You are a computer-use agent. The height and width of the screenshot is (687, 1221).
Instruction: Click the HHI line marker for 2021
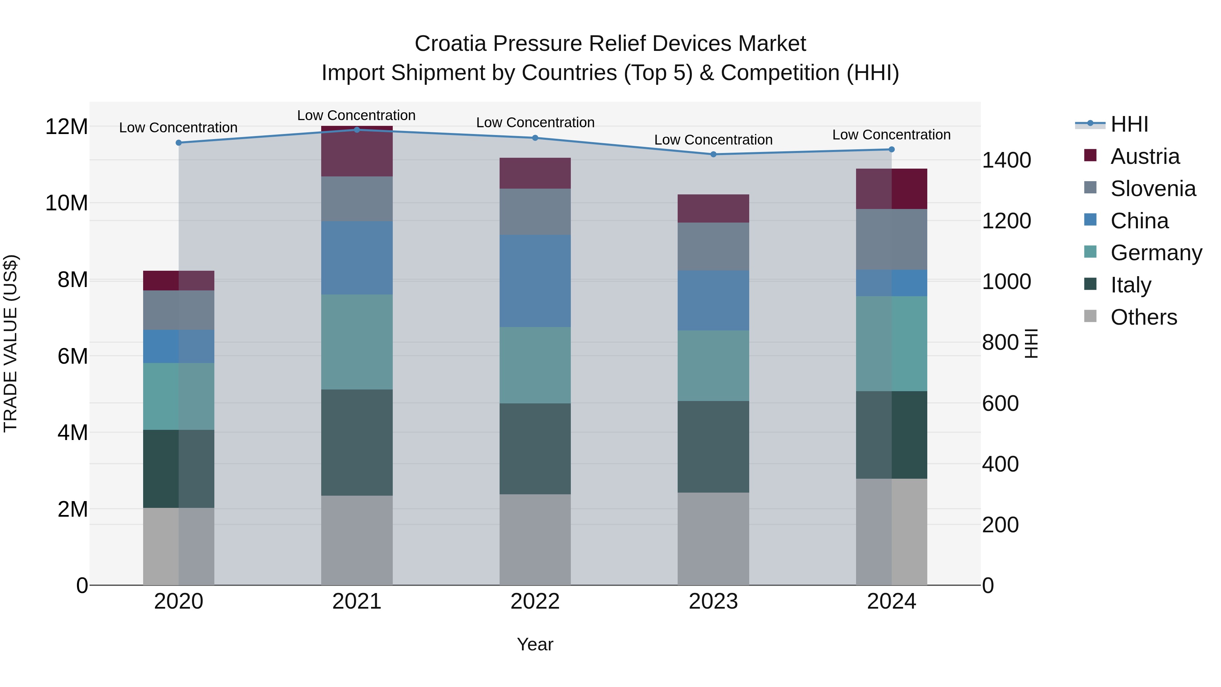(357, 130)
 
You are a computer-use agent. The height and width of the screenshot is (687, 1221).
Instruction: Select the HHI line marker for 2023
(713, 154)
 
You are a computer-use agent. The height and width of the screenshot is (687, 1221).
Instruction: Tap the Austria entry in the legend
(1145, 156)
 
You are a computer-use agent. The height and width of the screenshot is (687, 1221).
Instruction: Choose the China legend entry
(1139, 221)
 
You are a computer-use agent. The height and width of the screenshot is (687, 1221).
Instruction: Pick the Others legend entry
(1143, 317)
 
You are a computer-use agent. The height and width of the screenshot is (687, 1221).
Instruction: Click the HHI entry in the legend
(1129, 124)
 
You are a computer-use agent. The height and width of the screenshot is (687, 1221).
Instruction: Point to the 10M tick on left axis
(66, 203)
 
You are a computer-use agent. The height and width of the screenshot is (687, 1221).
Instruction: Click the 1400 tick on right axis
(1006, 160)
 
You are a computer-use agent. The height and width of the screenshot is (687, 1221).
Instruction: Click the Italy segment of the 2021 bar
(357, 442)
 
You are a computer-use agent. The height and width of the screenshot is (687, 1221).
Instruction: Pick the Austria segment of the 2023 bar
(713, 209)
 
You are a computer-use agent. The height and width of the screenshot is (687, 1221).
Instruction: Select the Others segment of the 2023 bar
(713, 539)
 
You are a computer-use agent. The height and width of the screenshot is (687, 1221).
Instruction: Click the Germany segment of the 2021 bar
(357, 342)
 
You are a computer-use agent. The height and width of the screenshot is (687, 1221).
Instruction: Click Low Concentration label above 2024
(891, 135)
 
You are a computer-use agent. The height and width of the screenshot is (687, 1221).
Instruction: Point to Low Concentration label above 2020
(178, 128)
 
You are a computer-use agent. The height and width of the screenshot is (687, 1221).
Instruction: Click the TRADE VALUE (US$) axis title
(11, 343)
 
